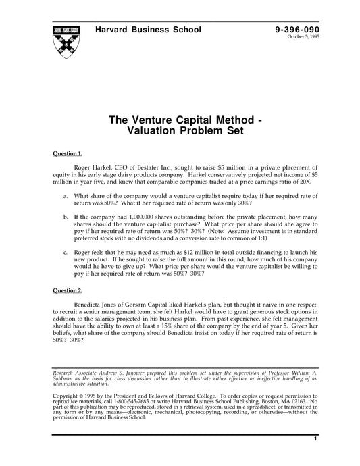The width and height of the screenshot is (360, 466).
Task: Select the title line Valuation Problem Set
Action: pos(180,132)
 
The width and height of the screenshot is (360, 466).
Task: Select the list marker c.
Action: pos(65,251)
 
